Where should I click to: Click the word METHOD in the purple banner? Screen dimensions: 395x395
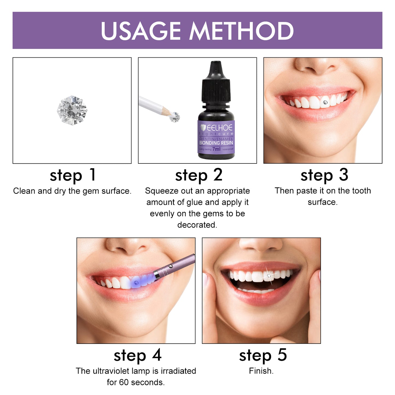(x=241, y=31)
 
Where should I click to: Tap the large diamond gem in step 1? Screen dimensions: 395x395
(x=72, y=110)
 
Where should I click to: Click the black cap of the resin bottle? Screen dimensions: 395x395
(x=216, y=82)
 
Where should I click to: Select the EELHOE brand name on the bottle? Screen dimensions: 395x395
(x=220, y=128)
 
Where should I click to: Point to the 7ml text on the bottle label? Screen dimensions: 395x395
(x=216, y=149)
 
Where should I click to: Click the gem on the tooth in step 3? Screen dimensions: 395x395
(x=325, y=102)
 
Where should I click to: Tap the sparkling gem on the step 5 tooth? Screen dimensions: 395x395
(x=269, y=276)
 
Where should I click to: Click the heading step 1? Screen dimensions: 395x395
(x=73, y=175)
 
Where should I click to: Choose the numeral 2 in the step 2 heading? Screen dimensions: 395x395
(x=218, y=175)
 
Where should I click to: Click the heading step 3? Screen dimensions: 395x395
(x=324, y=175)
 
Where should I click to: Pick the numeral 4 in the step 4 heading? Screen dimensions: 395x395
(x=157, y=355)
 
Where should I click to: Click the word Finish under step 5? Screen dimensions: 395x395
(x=261, y=371)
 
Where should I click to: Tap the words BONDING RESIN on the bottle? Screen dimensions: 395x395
(x=216, y=143)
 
